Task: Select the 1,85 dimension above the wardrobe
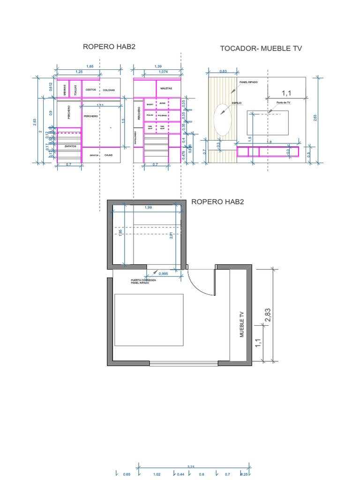pyautogui.click(x=90, y=67)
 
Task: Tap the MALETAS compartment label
pyautogui.click(x=166, y=88)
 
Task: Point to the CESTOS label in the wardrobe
pyautogui.click(x=91, y=90)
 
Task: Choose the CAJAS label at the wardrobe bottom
pyautogui.click(x=109, y=155)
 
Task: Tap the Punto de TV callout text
pyautogui.click(x=284, y=102)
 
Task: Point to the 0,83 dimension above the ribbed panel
pyautogui.click(x=223, y=71)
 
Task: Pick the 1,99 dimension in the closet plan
pyautogui.click(x=148, y=208)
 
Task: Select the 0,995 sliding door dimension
pyautogui.click(x=164, y=273)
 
